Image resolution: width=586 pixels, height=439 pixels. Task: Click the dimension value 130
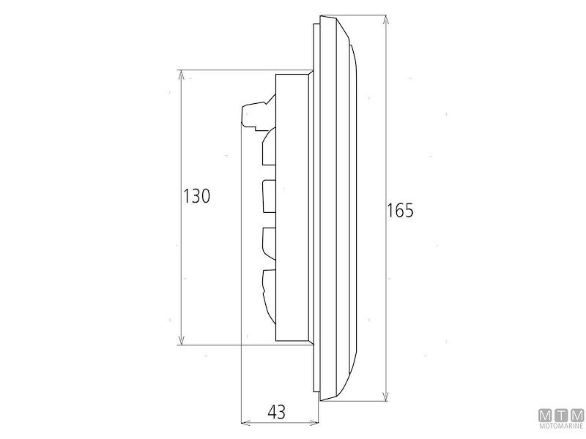point(196,195)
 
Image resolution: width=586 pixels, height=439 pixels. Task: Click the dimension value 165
point(400,211)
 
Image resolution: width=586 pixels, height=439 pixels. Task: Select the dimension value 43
point(277,412)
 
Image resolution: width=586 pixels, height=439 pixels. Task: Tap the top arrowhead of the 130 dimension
point(181,75)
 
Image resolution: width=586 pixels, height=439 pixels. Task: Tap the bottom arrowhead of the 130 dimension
point(181,339)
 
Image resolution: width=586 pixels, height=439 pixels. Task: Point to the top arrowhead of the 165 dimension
point(386,20)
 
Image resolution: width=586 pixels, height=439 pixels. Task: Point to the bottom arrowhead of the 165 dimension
point(386,396)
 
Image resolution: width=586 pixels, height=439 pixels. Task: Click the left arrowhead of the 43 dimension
point(246,423)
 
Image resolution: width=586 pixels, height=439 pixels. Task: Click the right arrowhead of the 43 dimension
point(314,423)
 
